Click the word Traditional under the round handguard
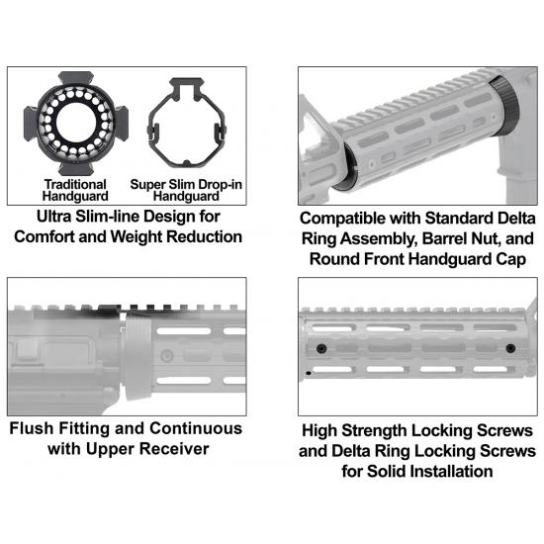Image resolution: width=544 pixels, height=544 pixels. (x=75, y=184)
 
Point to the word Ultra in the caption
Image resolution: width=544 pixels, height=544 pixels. (x=54, y=217)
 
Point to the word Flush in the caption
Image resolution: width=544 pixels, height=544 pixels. (x=32, y=428)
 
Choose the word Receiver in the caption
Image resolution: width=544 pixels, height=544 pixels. (x=175, y=449)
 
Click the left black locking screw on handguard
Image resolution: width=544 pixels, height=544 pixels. (x=321, y=348)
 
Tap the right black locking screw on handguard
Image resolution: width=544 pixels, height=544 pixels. (x=510, y=348)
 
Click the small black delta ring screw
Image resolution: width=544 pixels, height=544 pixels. (x=308, y=373)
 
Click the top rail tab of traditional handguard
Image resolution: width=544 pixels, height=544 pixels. (x=75, y=78)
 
